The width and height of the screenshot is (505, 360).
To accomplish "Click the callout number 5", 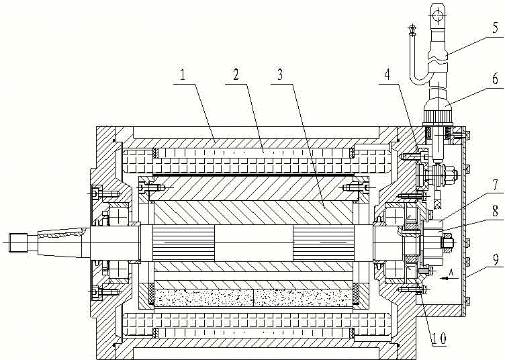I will (x=495, y=28).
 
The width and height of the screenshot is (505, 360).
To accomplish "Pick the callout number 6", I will (x=495, y=79).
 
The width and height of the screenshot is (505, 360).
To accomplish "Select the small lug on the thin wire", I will (x=411, y=30).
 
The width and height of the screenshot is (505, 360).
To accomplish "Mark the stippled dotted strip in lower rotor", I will (x=255, y=296).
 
